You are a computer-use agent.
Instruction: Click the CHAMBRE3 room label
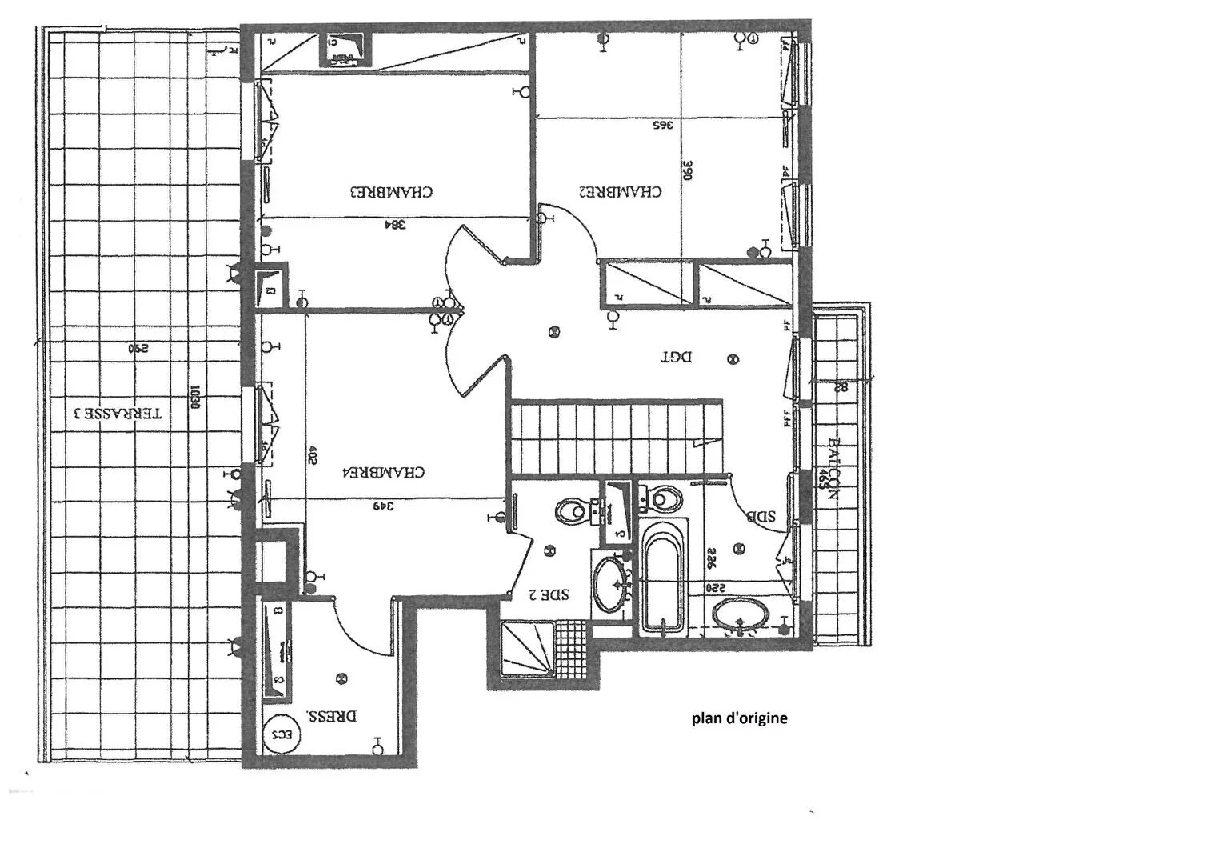coord(392,192)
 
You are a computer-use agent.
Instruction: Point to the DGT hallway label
coord(676,357)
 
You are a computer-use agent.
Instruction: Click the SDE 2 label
coord(549,594)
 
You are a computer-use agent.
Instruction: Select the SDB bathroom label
coord(761,517)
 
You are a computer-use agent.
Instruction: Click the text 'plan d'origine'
coord(739,718)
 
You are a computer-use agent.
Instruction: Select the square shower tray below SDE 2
coord(527,649)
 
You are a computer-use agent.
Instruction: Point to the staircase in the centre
coord(616,439)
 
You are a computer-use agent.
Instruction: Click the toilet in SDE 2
coord(571,509)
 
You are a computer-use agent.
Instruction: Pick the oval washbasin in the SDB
coord(741,616)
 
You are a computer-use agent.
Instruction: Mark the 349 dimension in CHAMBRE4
coord(384,506)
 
